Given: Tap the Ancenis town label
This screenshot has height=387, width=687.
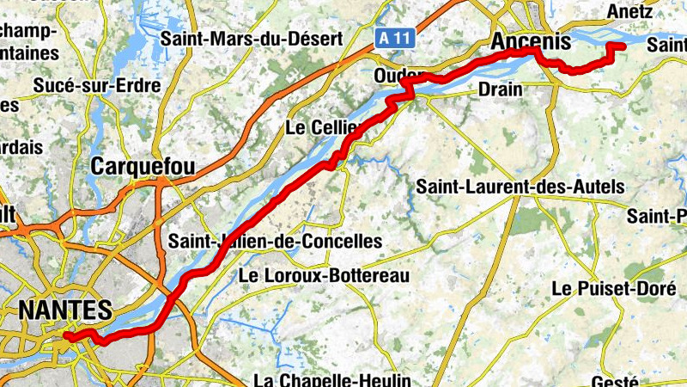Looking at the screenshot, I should pyautogui.click(x=530, y=40).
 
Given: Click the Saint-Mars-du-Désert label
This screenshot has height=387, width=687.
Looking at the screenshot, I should pyautogui.click(x=252, y=38).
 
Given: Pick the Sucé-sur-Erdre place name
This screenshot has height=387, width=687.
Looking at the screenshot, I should pyautogui.click(x=96, y=85).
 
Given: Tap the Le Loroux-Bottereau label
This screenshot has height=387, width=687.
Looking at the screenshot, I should pyautogui.click(x=324, y=275).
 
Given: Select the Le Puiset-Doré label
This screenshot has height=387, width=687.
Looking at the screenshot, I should pyautogui.click(x=613, y=288).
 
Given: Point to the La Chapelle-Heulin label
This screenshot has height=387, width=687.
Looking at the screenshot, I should pyautogui.click(x=333, y=379).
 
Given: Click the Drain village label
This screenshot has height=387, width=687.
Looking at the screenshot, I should pyautogui.click(x=501, y=89).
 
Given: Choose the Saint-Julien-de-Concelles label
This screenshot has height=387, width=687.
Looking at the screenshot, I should pyautogui.click(x=276, y=241).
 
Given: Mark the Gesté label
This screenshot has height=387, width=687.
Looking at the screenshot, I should pyautogui.click(x=615, y=381).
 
